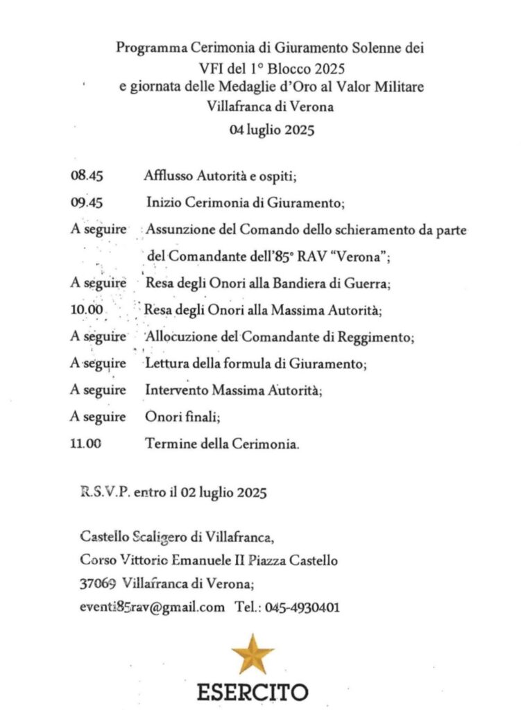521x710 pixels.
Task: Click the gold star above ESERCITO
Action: (x=253, y=654)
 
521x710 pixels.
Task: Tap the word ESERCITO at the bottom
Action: (x=253, y=691)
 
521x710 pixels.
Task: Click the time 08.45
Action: (x=87, y=176)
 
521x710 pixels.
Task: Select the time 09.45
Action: (x=87, y=203)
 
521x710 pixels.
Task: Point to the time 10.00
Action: (x=87, y=311)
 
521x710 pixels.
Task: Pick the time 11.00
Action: (x=87, y=444)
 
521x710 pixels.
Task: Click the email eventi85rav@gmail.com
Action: (x=153, y=608)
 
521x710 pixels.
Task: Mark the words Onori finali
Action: (x=183, y=417)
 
